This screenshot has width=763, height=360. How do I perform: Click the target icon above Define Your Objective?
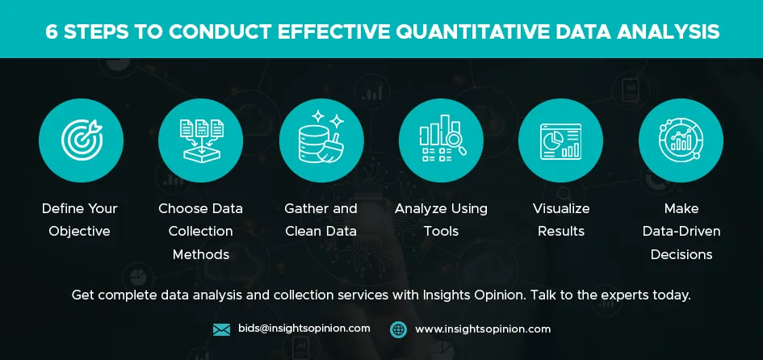click(x=82, y=140)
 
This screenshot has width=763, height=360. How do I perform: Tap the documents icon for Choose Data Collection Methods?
click(x=201, y=140)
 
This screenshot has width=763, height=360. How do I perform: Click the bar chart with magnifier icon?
click(x=442, y=138)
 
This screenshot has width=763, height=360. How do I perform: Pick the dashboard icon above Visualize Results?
click(x=560, y=141)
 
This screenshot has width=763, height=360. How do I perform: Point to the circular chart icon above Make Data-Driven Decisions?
click(x=681, y=140)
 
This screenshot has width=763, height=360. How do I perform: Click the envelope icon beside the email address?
click(x=221, y=330)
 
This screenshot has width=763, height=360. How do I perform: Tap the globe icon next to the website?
click(x=398, y=329)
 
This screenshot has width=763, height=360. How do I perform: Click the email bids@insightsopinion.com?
click(x=304, y=329)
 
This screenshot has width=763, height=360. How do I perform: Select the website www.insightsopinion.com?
click(x=483, y=329)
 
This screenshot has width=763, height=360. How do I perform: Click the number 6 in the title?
click(x=51, y=32)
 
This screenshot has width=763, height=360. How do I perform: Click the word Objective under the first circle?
click(x=79, y=231)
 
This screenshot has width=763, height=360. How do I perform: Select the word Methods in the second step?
click(x=200, y=254)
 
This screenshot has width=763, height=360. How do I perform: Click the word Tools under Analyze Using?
click(x=441, y=231)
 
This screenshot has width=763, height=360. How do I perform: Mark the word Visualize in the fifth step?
click(x=561, y=209)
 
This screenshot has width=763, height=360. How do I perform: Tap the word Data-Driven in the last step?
click(x=681, y=231)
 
